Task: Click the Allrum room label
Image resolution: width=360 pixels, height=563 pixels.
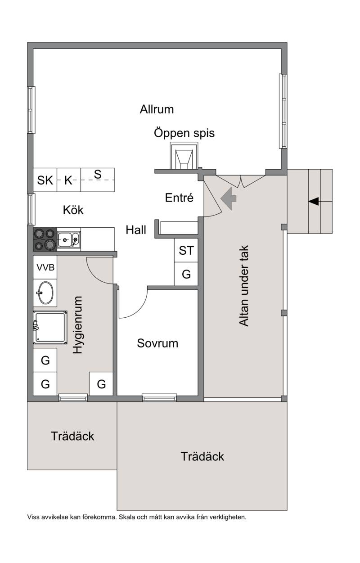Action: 157,109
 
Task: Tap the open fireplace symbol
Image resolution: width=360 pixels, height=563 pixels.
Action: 184,156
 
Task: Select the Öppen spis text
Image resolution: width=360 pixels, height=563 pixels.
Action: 184,133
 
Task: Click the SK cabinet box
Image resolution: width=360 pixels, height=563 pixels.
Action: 45,180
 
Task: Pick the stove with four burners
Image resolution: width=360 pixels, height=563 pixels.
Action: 45,239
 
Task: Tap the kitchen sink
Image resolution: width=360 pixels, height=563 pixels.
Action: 69,240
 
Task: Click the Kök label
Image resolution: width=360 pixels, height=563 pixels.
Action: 73,210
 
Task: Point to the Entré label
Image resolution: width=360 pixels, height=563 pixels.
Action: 179,198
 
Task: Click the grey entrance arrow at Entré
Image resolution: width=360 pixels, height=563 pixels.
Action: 229,198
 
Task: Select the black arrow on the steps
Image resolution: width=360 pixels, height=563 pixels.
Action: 314,201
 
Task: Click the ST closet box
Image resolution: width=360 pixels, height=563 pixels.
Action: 186,250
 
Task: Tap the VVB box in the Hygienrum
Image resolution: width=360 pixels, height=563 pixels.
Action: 45,267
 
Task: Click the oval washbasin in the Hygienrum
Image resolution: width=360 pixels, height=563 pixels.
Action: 45,293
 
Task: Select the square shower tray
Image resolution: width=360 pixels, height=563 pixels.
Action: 50,328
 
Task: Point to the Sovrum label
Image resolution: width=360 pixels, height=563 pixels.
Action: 157,343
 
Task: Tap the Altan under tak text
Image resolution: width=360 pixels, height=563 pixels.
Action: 243,286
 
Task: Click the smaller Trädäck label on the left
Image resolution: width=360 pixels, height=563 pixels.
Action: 72,436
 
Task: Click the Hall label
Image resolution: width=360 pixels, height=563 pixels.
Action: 136,230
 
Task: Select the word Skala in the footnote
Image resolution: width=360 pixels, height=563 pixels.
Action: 127,517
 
